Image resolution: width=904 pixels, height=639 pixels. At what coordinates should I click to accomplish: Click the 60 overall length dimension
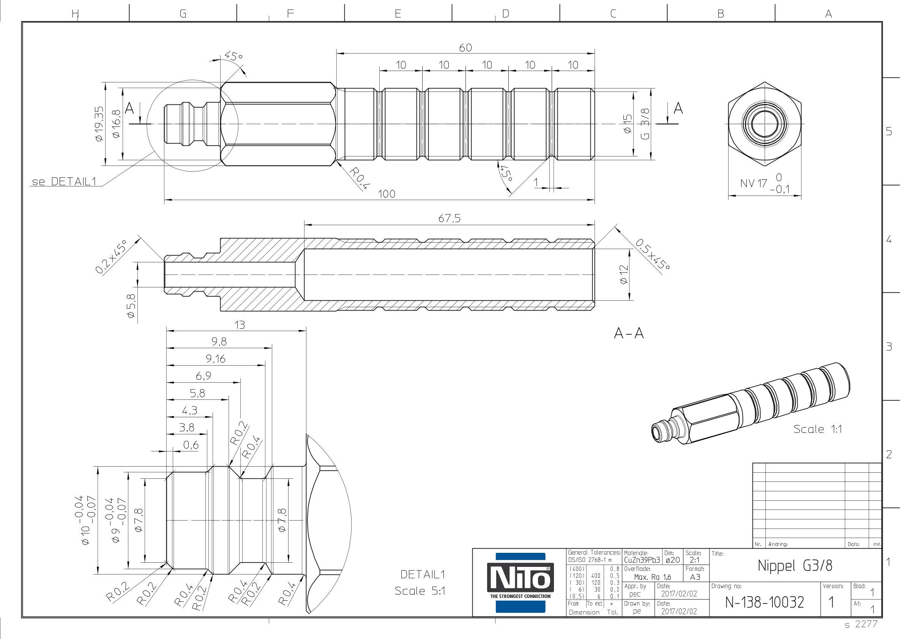tap(465, 47)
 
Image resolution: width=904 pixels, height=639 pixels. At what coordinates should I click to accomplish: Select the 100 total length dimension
tap(387, 194)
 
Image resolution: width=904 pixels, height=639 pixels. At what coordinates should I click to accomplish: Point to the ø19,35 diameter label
tap(98, 124)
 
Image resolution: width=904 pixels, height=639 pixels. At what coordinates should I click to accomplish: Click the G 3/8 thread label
tap(645, 124)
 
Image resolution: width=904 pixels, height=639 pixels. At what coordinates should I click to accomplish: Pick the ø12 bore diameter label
tap(624, 275)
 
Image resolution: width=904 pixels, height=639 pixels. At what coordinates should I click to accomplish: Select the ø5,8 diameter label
tap(131, 306)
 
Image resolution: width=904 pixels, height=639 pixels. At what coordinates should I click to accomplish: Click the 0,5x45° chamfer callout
tap(652, 254)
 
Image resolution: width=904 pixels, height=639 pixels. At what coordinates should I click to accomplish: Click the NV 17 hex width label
tap(753, 183)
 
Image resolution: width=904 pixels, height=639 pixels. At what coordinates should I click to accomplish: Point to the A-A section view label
tap(629, 333)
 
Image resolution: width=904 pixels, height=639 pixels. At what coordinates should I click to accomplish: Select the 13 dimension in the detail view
tap(240, 325)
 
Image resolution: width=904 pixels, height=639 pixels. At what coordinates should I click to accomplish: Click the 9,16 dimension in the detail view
tap(215, 359)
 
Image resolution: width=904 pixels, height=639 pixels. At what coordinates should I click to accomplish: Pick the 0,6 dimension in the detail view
tap(191, 445)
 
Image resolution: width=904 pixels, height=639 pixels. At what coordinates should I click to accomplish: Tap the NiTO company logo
tap(520, 582)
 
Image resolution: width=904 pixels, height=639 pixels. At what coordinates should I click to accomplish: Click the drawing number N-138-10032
tap(764, 602)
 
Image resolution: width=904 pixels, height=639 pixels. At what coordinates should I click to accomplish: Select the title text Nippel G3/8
tap(795, 565)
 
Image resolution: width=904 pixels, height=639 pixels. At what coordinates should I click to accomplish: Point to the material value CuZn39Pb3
tap(642, 560)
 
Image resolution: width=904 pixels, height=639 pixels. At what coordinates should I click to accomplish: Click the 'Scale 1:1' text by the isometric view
tap(817, 429)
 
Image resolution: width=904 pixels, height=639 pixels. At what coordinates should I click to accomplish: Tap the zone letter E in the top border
tap(398, 14)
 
